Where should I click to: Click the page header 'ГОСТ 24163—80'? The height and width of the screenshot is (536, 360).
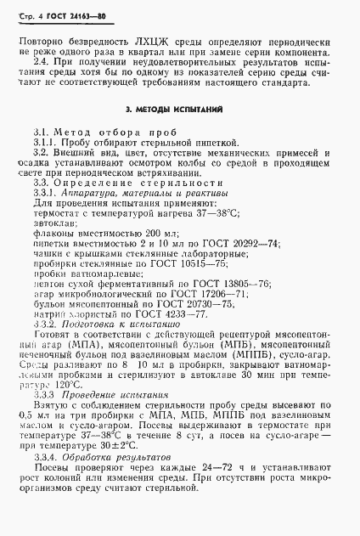56,12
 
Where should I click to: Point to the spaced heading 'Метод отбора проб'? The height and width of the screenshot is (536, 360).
104,133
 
